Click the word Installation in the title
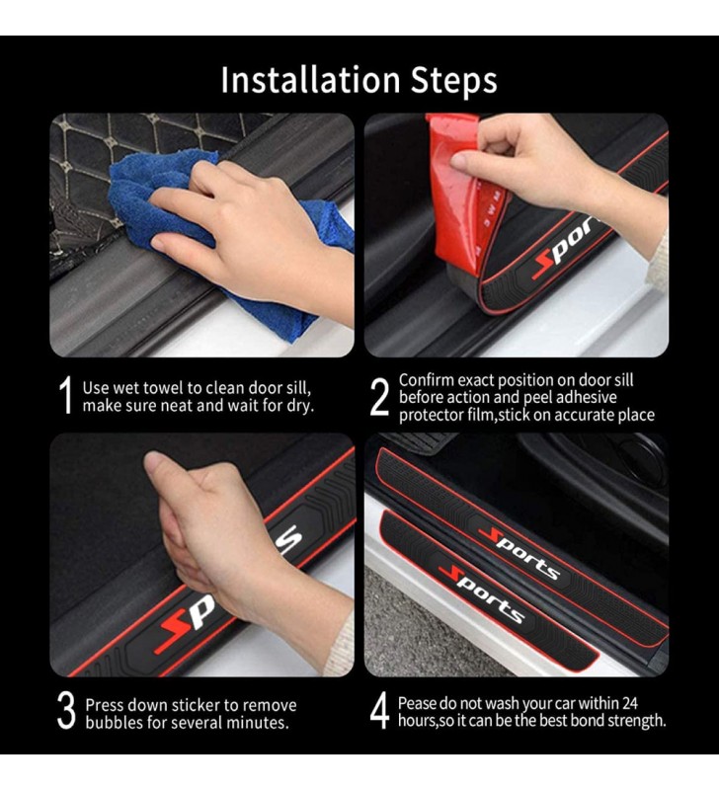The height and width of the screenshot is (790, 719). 311,80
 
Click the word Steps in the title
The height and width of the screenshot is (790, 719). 454,80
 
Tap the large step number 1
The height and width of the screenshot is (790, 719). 65,395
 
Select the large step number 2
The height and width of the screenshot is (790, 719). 379,397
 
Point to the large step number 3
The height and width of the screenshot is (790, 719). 66,710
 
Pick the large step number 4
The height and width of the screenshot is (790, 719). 379,710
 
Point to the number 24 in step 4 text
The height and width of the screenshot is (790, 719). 630,702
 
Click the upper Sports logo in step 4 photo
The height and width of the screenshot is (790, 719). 519,553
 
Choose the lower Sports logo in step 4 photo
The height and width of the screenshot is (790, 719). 482,594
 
